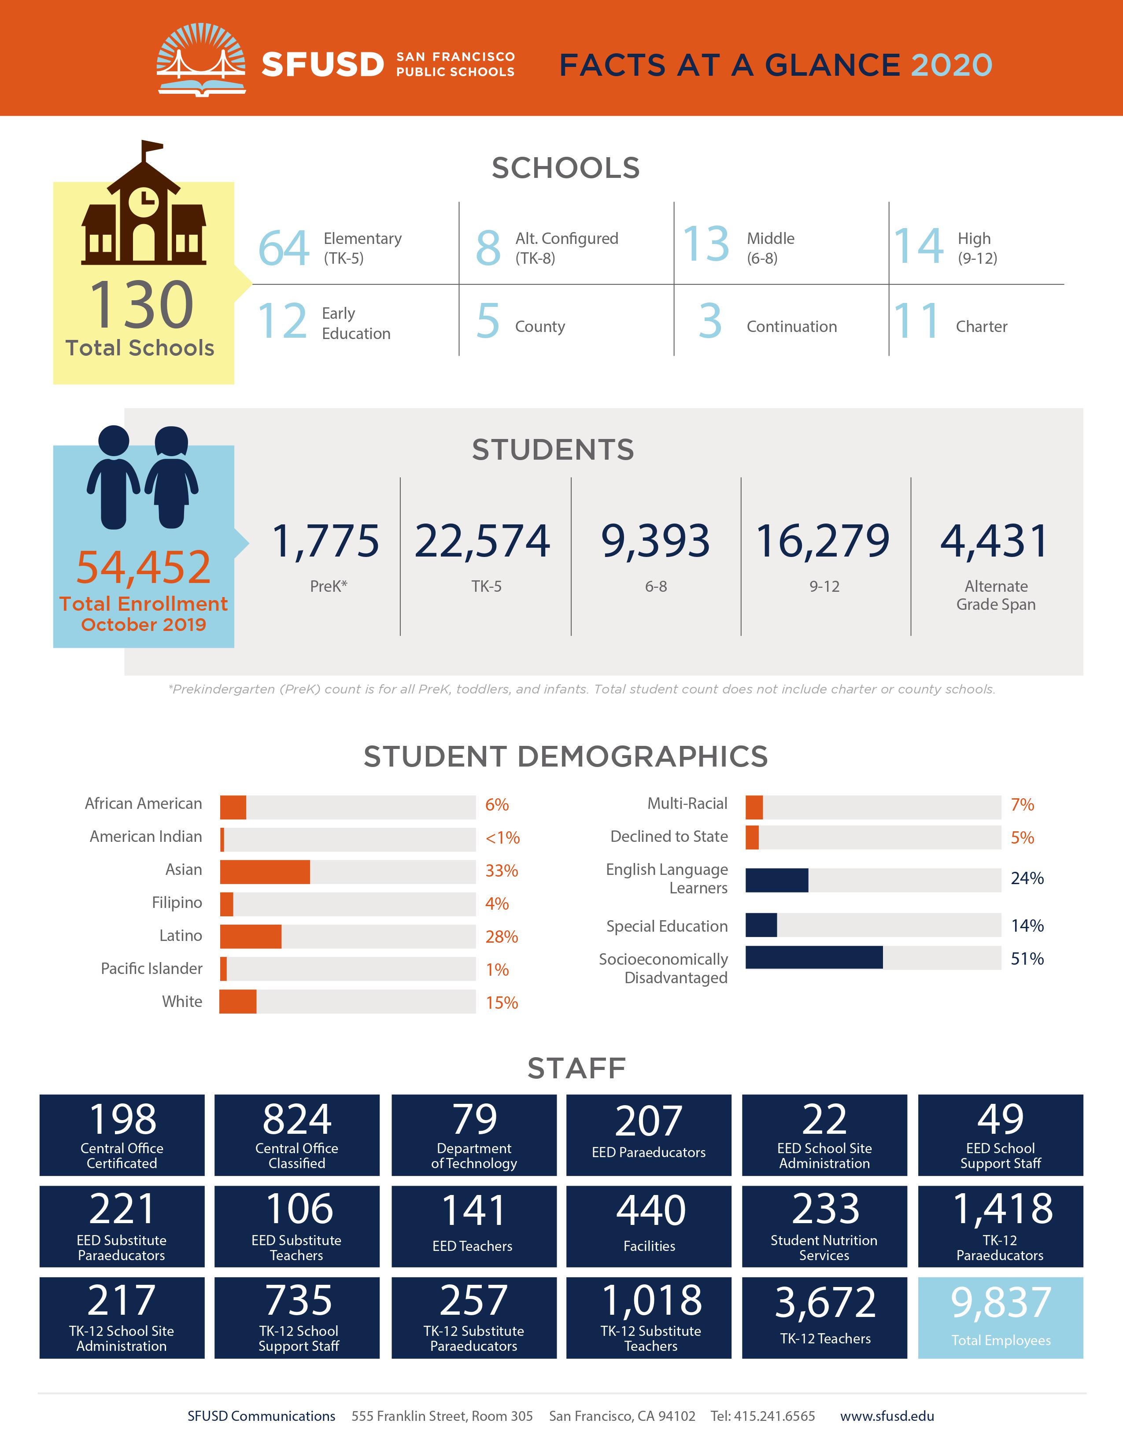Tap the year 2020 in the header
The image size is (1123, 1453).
(x=951, y=65)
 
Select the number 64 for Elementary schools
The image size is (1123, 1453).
(x=284, y=248)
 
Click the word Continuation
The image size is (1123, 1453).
(x=792, y=327)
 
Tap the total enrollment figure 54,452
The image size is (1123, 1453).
(x=143, y=567)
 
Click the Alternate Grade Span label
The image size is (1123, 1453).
(x=996, y=595)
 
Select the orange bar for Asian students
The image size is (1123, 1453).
(x=265, y=871)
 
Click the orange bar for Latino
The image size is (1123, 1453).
(x=251, y=937)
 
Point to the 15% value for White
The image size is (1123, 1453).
(x=502, y=1003)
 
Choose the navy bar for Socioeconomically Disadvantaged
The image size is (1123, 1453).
(x=814, y=957)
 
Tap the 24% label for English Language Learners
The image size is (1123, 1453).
(x=1027, y=878)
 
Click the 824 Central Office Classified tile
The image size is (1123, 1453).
(x=297, y=1135)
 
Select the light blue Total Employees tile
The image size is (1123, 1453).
(x=1001, y=1317)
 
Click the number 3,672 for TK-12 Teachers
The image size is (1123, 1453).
(x=825, y=1302)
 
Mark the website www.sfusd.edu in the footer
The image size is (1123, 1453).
(x=887, y=1416)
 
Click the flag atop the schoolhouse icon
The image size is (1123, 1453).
(x=151, y=146)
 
